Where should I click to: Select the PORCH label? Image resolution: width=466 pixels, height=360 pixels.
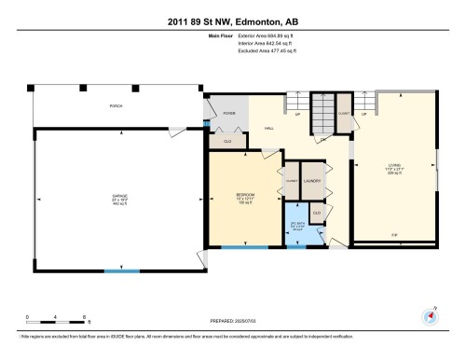tap(116, 105)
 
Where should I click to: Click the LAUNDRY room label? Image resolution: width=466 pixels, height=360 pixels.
tap(313, 180)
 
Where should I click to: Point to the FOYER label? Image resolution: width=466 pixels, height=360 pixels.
tap(228, 113)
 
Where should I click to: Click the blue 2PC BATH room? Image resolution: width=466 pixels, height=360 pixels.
tap(296, 225)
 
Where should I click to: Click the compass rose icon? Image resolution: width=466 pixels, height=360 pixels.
tap(431, 317)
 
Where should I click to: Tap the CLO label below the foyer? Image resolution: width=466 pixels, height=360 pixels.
tap(228, 141)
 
